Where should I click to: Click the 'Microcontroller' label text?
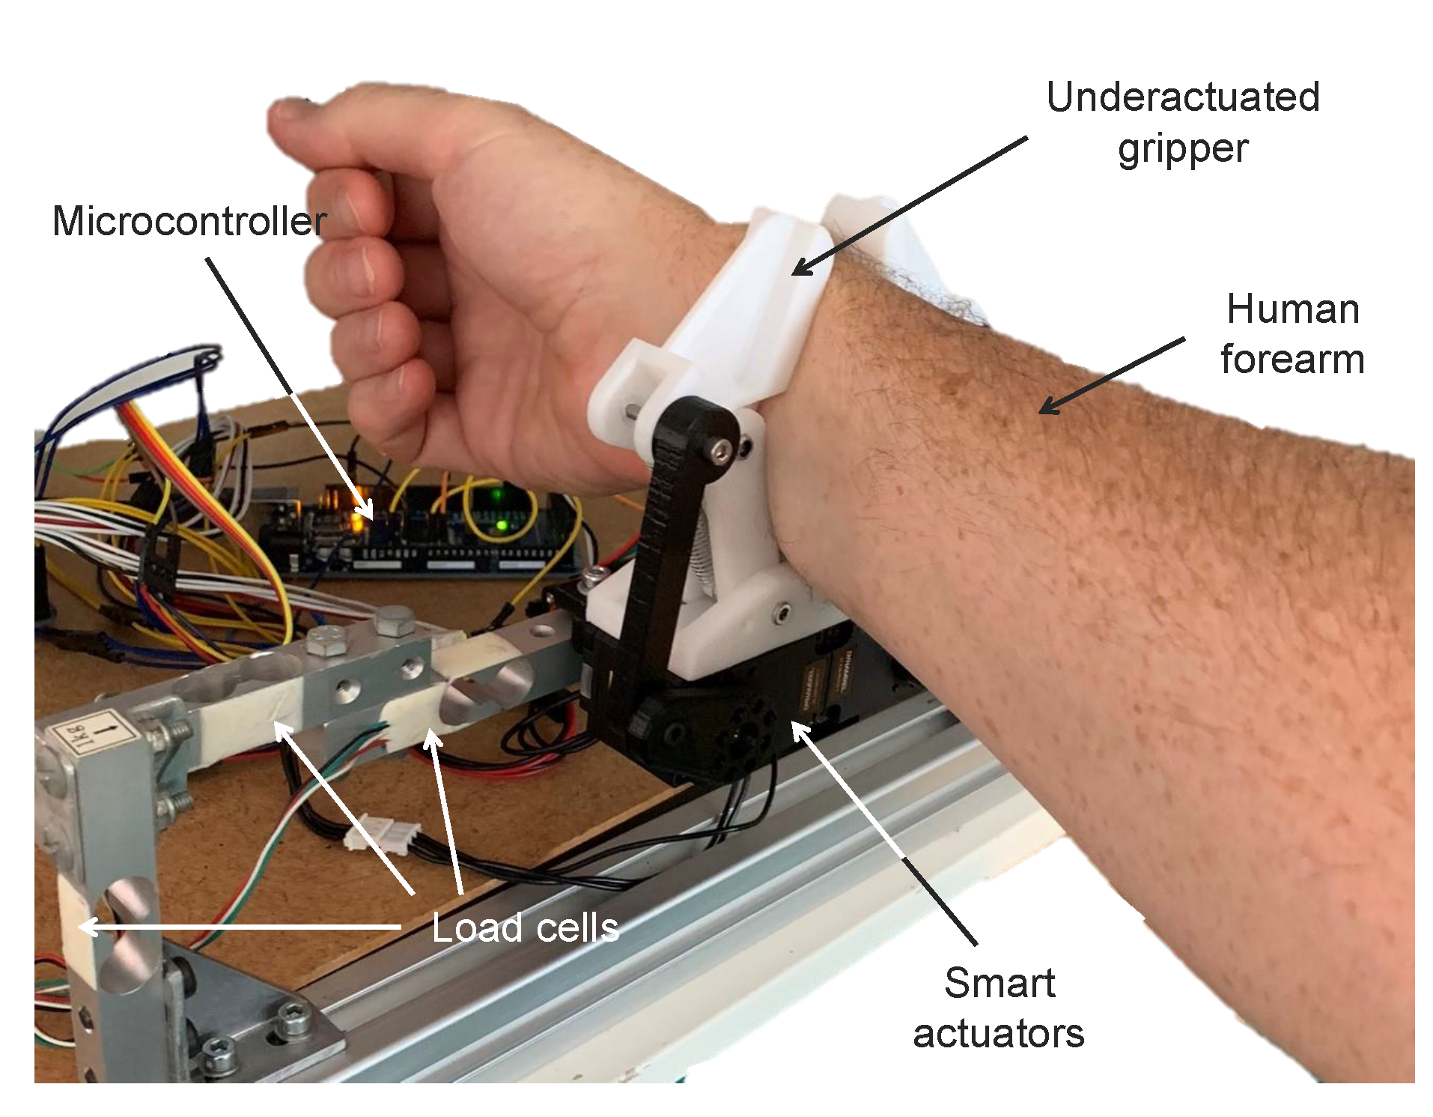point(189,222)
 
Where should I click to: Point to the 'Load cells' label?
point(525,928)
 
